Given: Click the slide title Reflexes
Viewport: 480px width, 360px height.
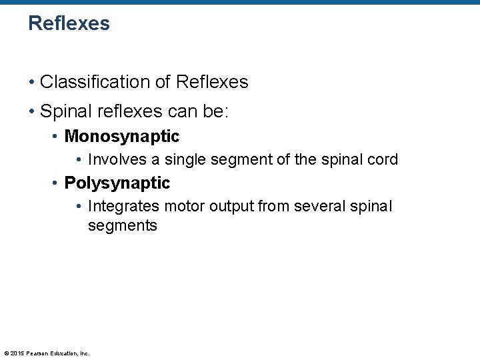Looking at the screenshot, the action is click(x=69, y=24).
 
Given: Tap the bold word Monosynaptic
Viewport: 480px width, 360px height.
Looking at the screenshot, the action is click(x=122, y=137).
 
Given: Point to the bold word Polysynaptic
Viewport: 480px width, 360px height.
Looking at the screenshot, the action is click(x=117, y=183).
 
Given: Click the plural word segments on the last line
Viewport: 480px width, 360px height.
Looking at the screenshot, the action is click(x=123, y=226).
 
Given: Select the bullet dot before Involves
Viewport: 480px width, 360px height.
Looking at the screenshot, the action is click(x=79, y=161).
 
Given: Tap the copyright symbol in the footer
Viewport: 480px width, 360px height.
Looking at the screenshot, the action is click(x=5, y=353).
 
